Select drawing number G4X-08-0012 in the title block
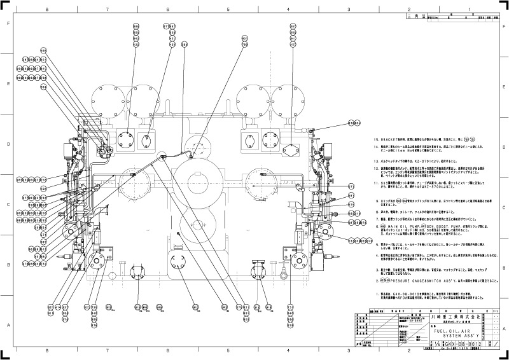coord(452,344)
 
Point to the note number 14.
coord(376,146)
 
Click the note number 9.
coord(377,200)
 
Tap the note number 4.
coord(377,256)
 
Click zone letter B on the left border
coord(7,265)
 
